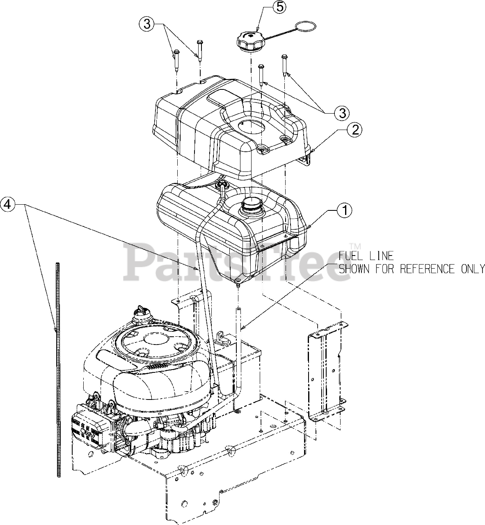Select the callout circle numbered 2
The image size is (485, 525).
coord(355,130)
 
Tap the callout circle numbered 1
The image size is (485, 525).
coord(345,210)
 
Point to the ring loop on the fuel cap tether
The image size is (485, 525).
coord(307,27)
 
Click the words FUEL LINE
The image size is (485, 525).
coord(366,256)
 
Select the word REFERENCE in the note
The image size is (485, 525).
coord(427,269)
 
